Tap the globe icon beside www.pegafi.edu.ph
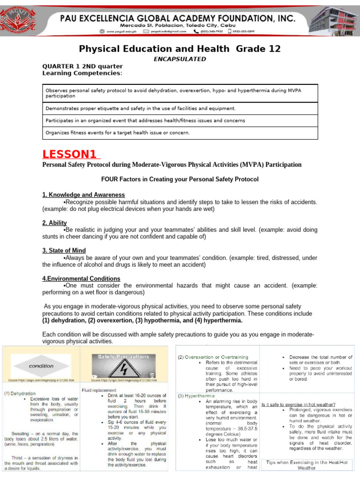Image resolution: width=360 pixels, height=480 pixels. [102, 31]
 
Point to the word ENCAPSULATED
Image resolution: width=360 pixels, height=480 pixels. [180, 59]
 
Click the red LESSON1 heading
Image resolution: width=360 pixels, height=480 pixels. [71, 154]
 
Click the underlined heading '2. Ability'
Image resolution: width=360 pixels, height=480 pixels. [54, 223]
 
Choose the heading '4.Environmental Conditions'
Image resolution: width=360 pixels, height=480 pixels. [81, 278]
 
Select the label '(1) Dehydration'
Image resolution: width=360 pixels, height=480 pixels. [20, 393]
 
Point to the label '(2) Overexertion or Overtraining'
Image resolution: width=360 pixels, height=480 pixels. [213, 357]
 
